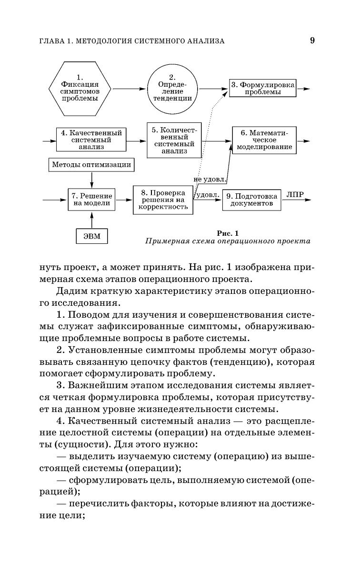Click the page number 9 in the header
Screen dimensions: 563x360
(x=312, y=40)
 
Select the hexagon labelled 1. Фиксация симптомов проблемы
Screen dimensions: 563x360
(x=80, y=89)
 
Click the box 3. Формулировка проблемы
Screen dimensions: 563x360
(x=262, y=88)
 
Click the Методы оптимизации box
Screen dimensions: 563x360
(x=90, y=165)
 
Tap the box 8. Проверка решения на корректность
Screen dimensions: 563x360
(x=163, y=200)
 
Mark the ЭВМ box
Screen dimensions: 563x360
(x=92, y=236)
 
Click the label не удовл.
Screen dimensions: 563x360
(x=210, y=179)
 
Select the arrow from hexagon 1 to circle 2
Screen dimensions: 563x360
(x=129, y=89)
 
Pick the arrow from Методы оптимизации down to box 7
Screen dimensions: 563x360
(x=91, y=180)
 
